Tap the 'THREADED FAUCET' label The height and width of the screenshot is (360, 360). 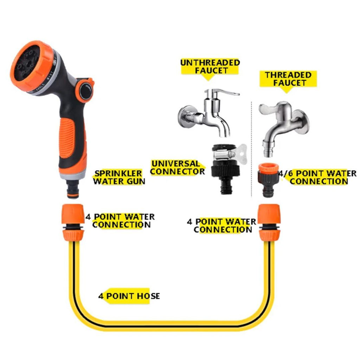pyautogui.click(x=288, y=79)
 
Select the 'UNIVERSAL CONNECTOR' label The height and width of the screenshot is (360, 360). pyautogui.click(x=177, y=167)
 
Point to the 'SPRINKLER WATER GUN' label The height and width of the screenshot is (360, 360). pyautogui.click(x=119, y=177)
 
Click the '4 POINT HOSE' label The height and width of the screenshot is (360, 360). pyautogui.click(x=129, y=296)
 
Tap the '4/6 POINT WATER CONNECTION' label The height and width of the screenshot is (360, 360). pyautogui.click(x=318, y=177)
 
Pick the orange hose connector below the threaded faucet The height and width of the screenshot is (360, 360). pyautogui.click(x=269, y=222)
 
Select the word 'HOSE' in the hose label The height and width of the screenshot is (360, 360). pyautogui.click(x=149, y=296)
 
